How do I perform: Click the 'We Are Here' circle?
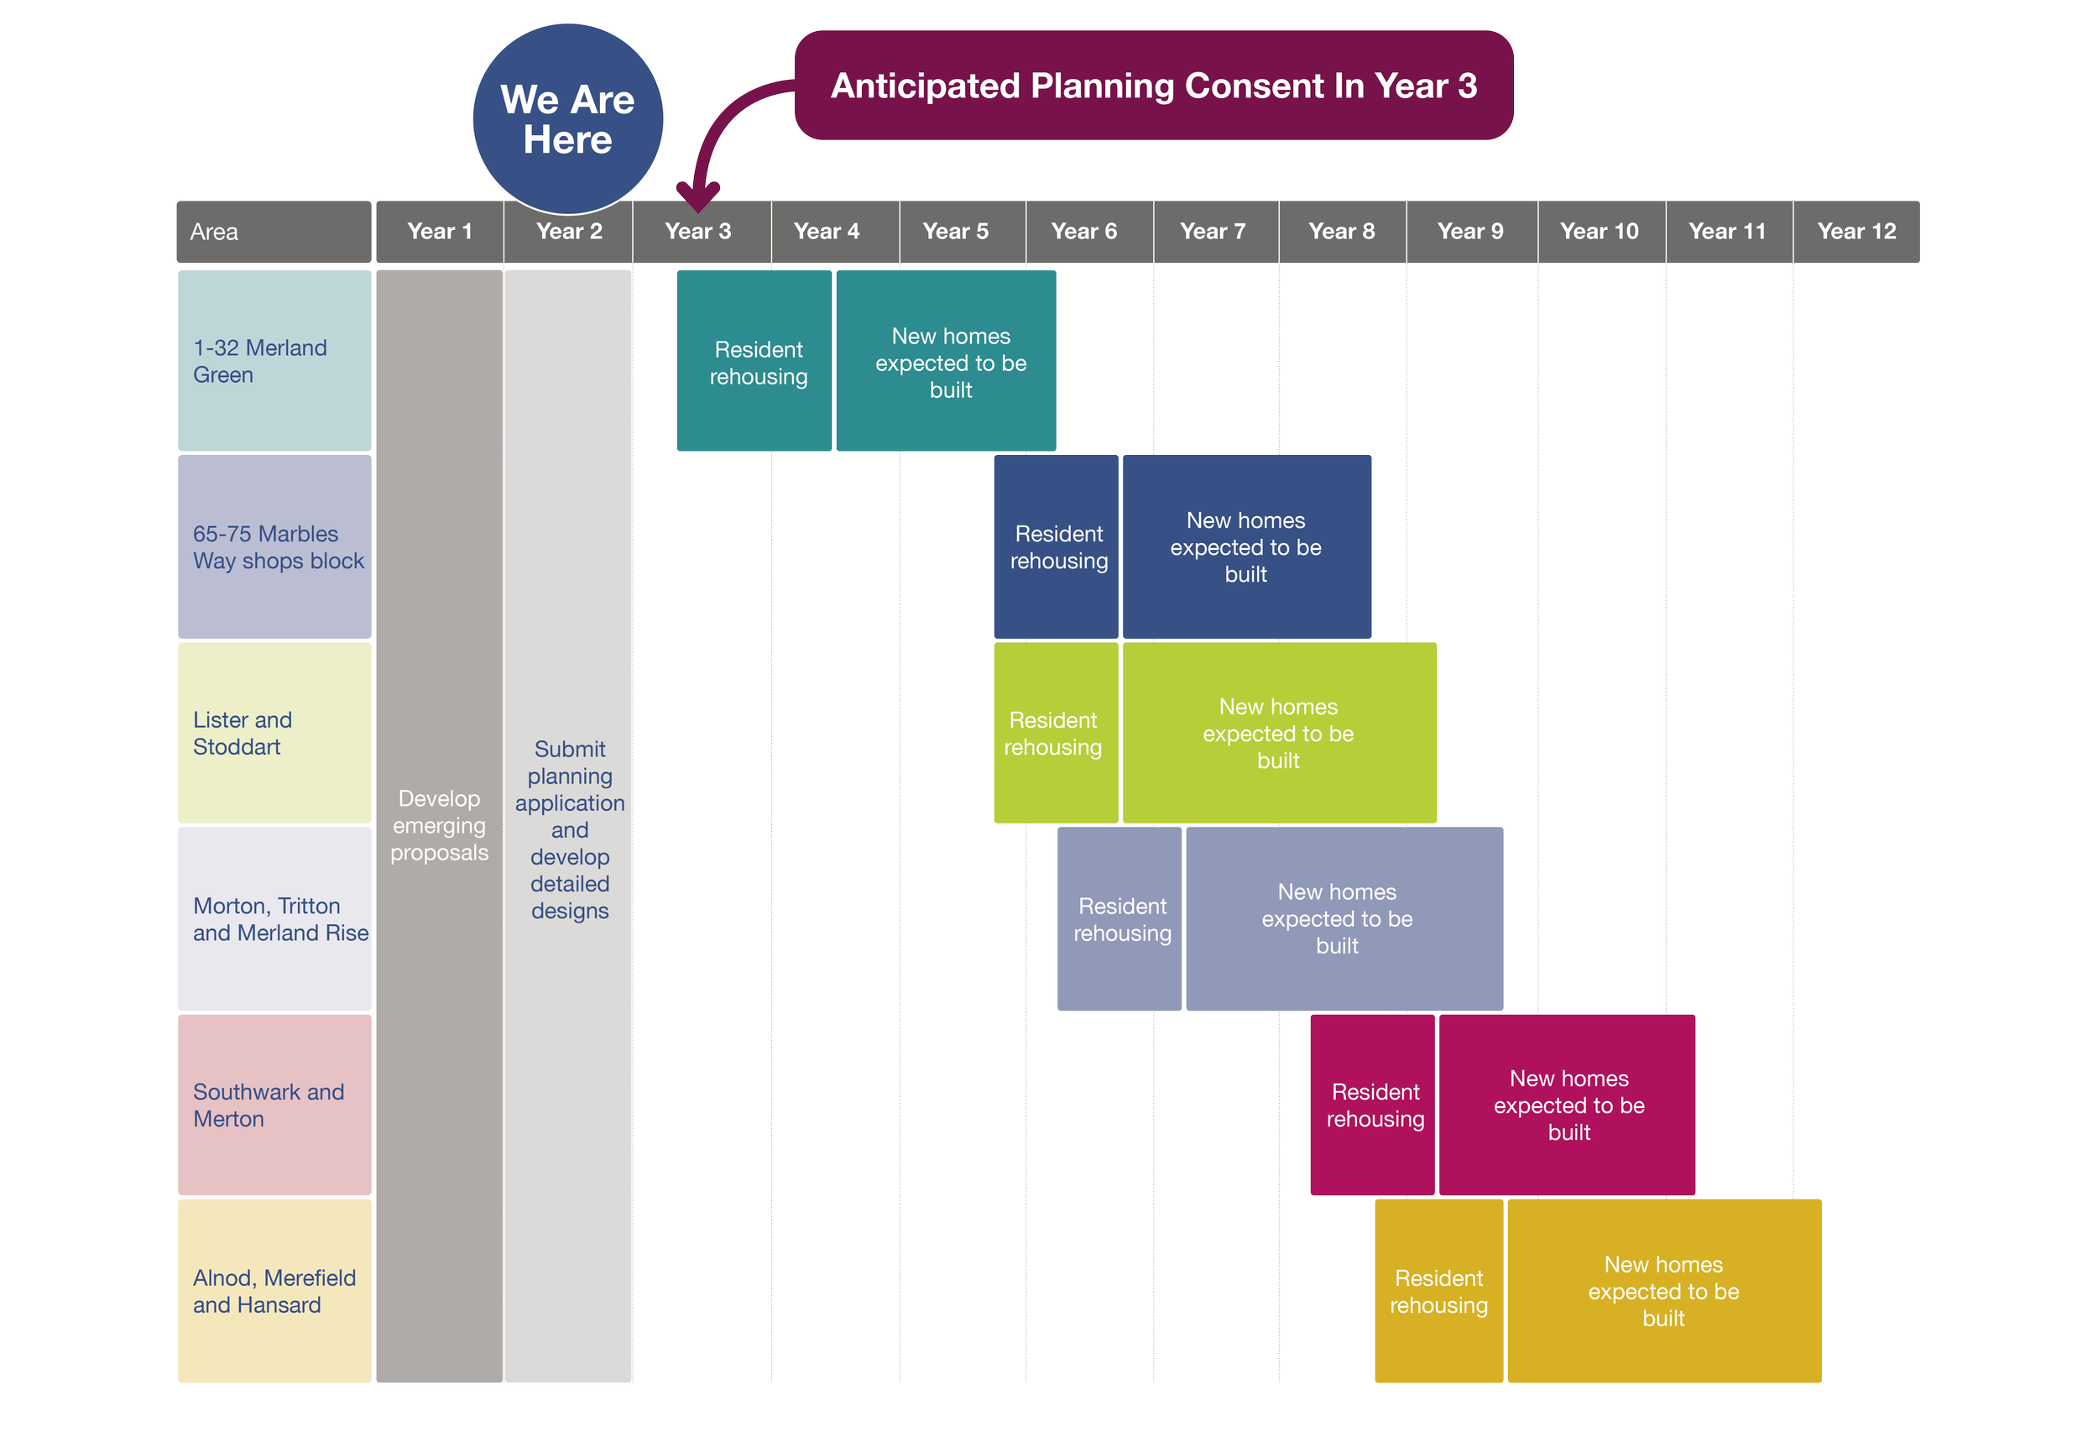coord(567,119)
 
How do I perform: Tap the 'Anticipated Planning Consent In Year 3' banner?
coord(1153,86)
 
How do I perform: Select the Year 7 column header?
coord(1213,232)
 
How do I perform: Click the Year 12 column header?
coord(1856,232)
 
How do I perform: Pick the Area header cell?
coord(274,232)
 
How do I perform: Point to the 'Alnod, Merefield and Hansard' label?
coord(274,1291)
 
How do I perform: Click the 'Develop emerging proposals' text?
coord(439,825)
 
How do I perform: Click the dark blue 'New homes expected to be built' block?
coord(1246,547)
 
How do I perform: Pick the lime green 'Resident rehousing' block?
coord(1054,733)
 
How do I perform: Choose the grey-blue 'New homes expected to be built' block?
coord(1344,919)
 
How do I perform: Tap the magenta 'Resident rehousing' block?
coord(1372,1105)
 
